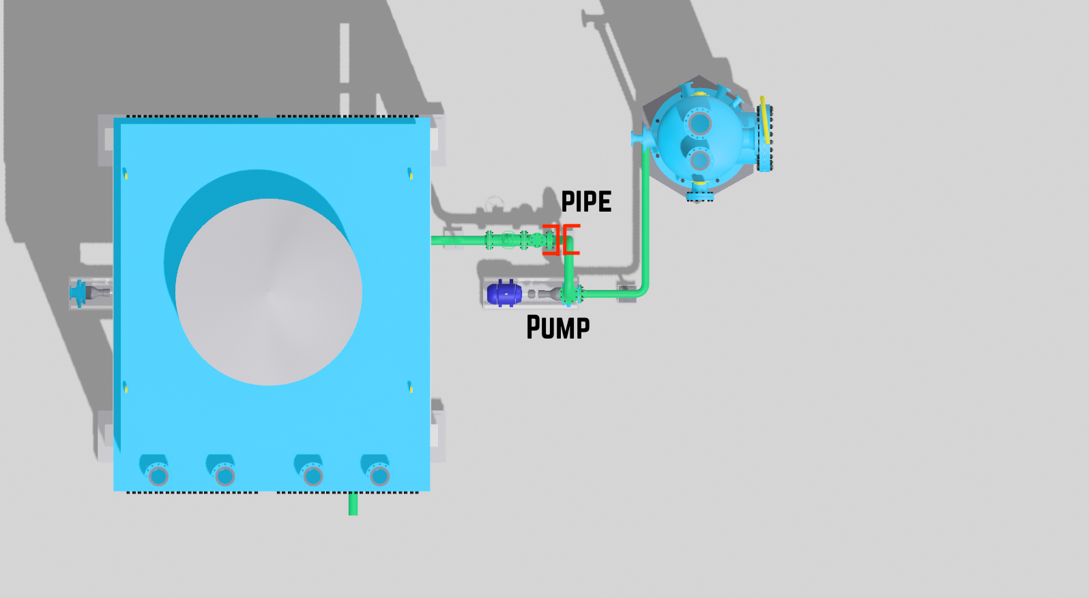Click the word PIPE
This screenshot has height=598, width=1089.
586,202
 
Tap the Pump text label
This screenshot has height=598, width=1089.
557,328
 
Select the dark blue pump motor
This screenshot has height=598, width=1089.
504,294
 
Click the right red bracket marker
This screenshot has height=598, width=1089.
571,240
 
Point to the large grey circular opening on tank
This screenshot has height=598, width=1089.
269,292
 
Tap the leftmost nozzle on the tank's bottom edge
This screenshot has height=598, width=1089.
158,474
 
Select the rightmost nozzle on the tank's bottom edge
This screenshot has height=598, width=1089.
379,475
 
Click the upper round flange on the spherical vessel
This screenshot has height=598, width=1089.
699,124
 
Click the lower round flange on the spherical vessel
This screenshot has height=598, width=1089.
699,160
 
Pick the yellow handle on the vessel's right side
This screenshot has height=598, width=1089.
765,120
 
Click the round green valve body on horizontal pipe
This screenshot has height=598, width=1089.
509,240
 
